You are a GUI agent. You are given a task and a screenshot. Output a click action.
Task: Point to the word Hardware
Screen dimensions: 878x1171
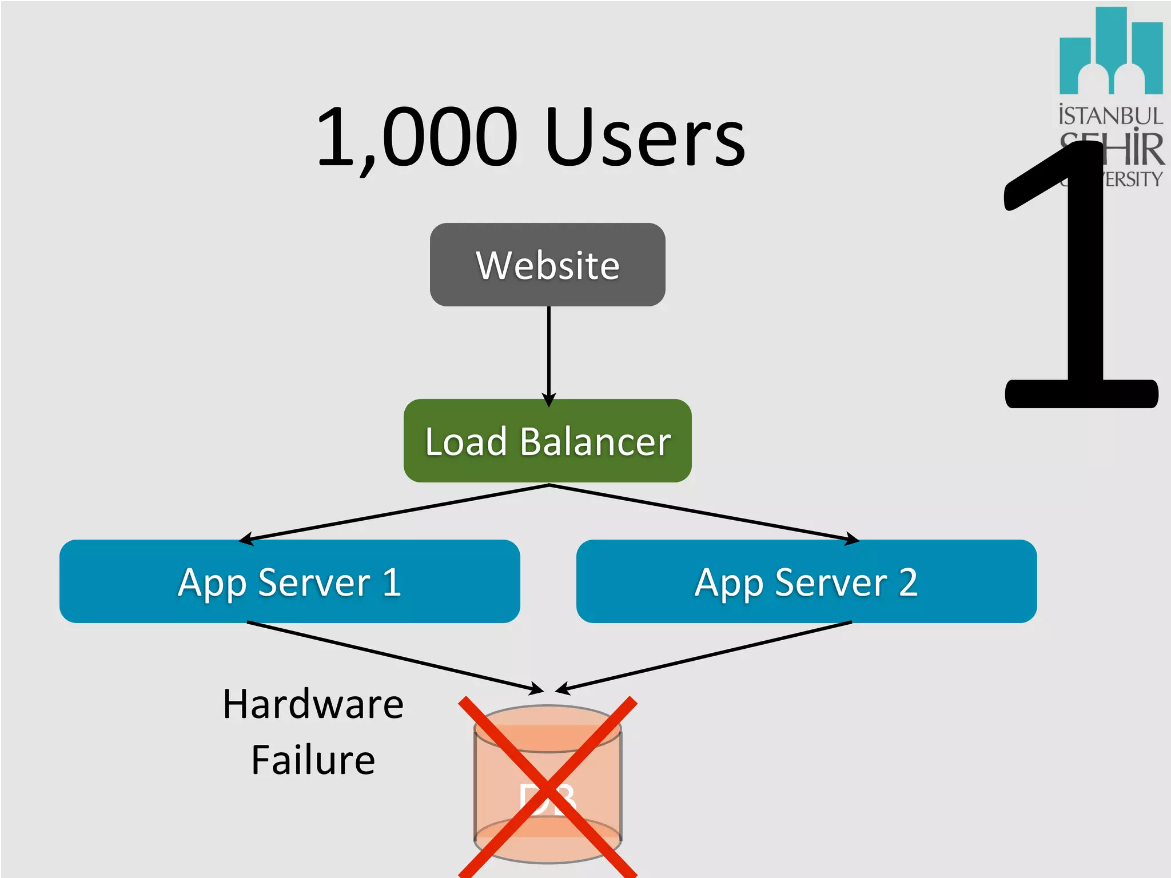313,704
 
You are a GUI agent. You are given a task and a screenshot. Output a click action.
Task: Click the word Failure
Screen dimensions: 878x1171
313,760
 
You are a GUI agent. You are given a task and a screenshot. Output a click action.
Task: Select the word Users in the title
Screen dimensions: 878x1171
645,138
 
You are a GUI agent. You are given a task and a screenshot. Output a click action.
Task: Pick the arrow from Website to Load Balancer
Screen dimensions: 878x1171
548,354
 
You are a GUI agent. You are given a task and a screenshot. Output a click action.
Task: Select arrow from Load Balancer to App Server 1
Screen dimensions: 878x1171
395,512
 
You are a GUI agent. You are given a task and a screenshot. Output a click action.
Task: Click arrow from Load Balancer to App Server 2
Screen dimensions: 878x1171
703,512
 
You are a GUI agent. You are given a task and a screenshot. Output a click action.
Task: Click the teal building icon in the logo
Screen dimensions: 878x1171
1110,51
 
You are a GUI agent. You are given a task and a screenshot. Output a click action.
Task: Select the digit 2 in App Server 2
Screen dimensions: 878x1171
908,582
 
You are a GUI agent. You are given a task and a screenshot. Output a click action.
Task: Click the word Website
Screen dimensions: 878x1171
547,265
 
